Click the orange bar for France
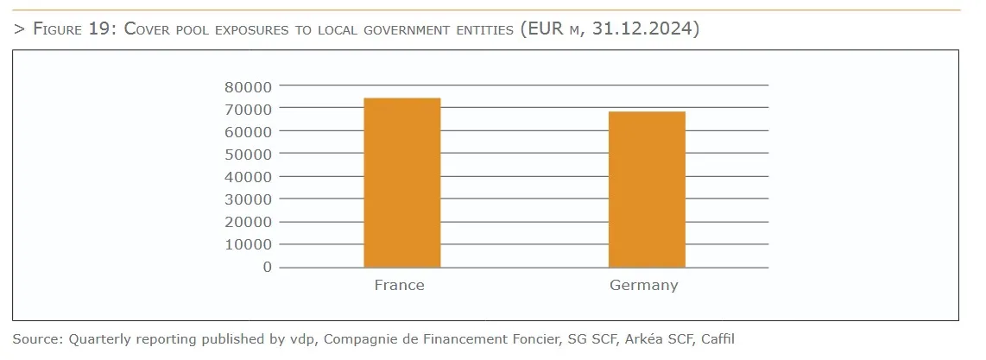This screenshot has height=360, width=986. click(402, 183)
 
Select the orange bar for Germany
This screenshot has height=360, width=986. click(647, 190)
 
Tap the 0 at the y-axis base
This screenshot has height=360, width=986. click(268, 267)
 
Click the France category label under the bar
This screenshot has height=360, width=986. click(399, 286)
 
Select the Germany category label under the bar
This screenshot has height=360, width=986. click(643, 286)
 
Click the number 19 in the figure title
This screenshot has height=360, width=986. click(100, 29)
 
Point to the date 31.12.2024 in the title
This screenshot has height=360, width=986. click(646, 29)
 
